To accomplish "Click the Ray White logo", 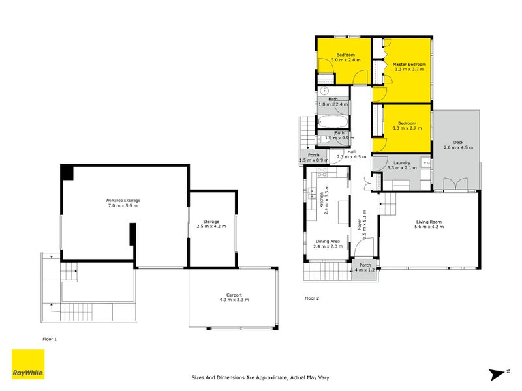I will tap(28, 364).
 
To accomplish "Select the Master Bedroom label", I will tap(409, 65).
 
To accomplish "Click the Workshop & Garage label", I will tap(123, 200).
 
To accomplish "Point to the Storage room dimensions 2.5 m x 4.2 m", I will tap(211, 227).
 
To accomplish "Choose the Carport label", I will tap(234, 295).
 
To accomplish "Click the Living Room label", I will tap(429, 222).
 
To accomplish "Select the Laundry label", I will tap(401, 163).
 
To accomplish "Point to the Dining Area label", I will tap(328, 242).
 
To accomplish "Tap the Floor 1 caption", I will tap(51, 339).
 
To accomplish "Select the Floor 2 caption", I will tap(313, 298).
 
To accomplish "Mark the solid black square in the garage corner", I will tap(67, 172).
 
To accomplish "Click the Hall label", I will tap(351, 151).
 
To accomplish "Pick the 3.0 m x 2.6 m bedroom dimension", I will tap(345, 60).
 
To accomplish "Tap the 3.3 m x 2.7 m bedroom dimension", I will tap(407, 128).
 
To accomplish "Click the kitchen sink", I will tap(313, 192).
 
